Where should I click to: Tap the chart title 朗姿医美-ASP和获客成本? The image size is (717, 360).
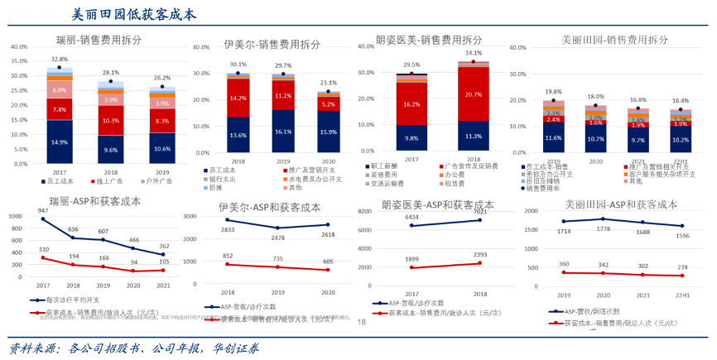pos(438,204)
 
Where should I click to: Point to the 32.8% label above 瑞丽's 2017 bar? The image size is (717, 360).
pos(60,60)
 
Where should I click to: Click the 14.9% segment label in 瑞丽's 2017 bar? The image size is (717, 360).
pos(60,142)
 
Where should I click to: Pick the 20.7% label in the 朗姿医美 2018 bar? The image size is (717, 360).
pos(474,94)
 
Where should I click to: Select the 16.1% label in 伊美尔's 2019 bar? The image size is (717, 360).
pos(284,131)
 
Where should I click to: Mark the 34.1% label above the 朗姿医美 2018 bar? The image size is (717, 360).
pos(474,53)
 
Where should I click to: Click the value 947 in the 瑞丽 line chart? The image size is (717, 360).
pos(45,210)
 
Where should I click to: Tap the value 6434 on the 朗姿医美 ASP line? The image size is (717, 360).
pos(411,218)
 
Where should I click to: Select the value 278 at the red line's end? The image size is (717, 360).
pos(681,267)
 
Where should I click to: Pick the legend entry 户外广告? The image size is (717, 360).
pos(156,180)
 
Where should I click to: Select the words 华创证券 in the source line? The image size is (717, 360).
pos(233,348)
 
